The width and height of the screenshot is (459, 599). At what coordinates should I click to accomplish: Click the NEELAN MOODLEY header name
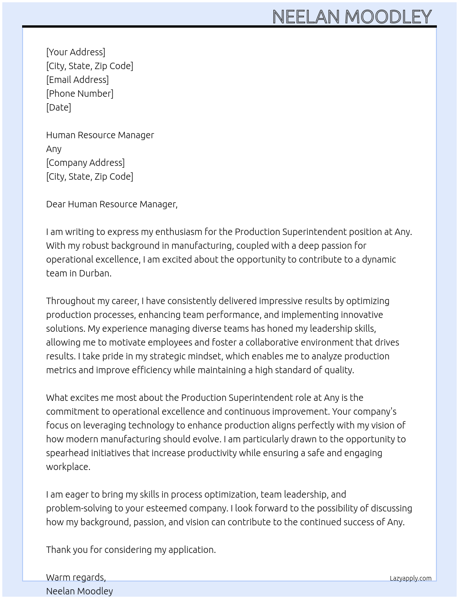pos(352,17)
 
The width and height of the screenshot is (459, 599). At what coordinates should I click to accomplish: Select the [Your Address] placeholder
pos(76,52)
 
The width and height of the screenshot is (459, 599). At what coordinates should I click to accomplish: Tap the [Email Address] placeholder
pos(77,80)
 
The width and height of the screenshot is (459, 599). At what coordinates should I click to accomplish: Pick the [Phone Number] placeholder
pos(80,94)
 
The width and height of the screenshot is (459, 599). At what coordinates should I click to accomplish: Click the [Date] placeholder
pos(59,107)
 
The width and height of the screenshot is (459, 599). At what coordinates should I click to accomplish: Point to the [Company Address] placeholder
pos(85,163)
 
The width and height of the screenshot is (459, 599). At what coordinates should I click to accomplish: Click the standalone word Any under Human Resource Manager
pos(54,149)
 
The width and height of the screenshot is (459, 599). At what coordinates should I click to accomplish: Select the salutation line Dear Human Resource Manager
pos(112,204)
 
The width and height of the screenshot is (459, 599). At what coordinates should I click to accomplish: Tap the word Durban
pos(95,273)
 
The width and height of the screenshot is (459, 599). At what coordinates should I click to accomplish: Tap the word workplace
pos(68,467)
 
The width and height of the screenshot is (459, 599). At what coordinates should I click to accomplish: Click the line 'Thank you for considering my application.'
pos(131,550)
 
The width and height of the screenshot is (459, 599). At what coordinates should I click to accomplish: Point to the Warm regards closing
pos(76,577)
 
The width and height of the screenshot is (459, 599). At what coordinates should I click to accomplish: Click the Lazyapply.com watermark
pos(410,578)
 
